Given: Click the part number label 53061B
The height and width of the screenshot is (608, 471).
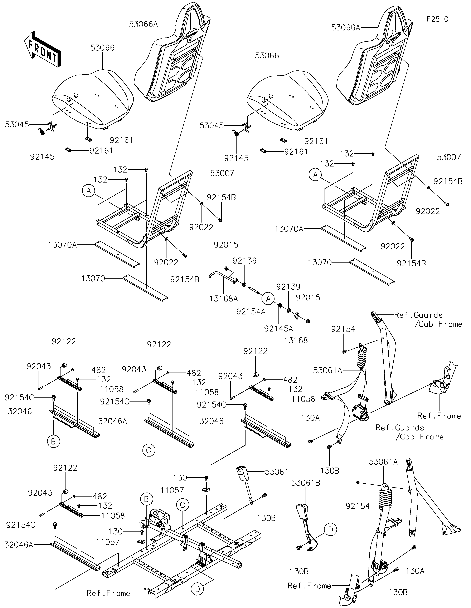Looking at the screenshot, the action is [x=306, y=483].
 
